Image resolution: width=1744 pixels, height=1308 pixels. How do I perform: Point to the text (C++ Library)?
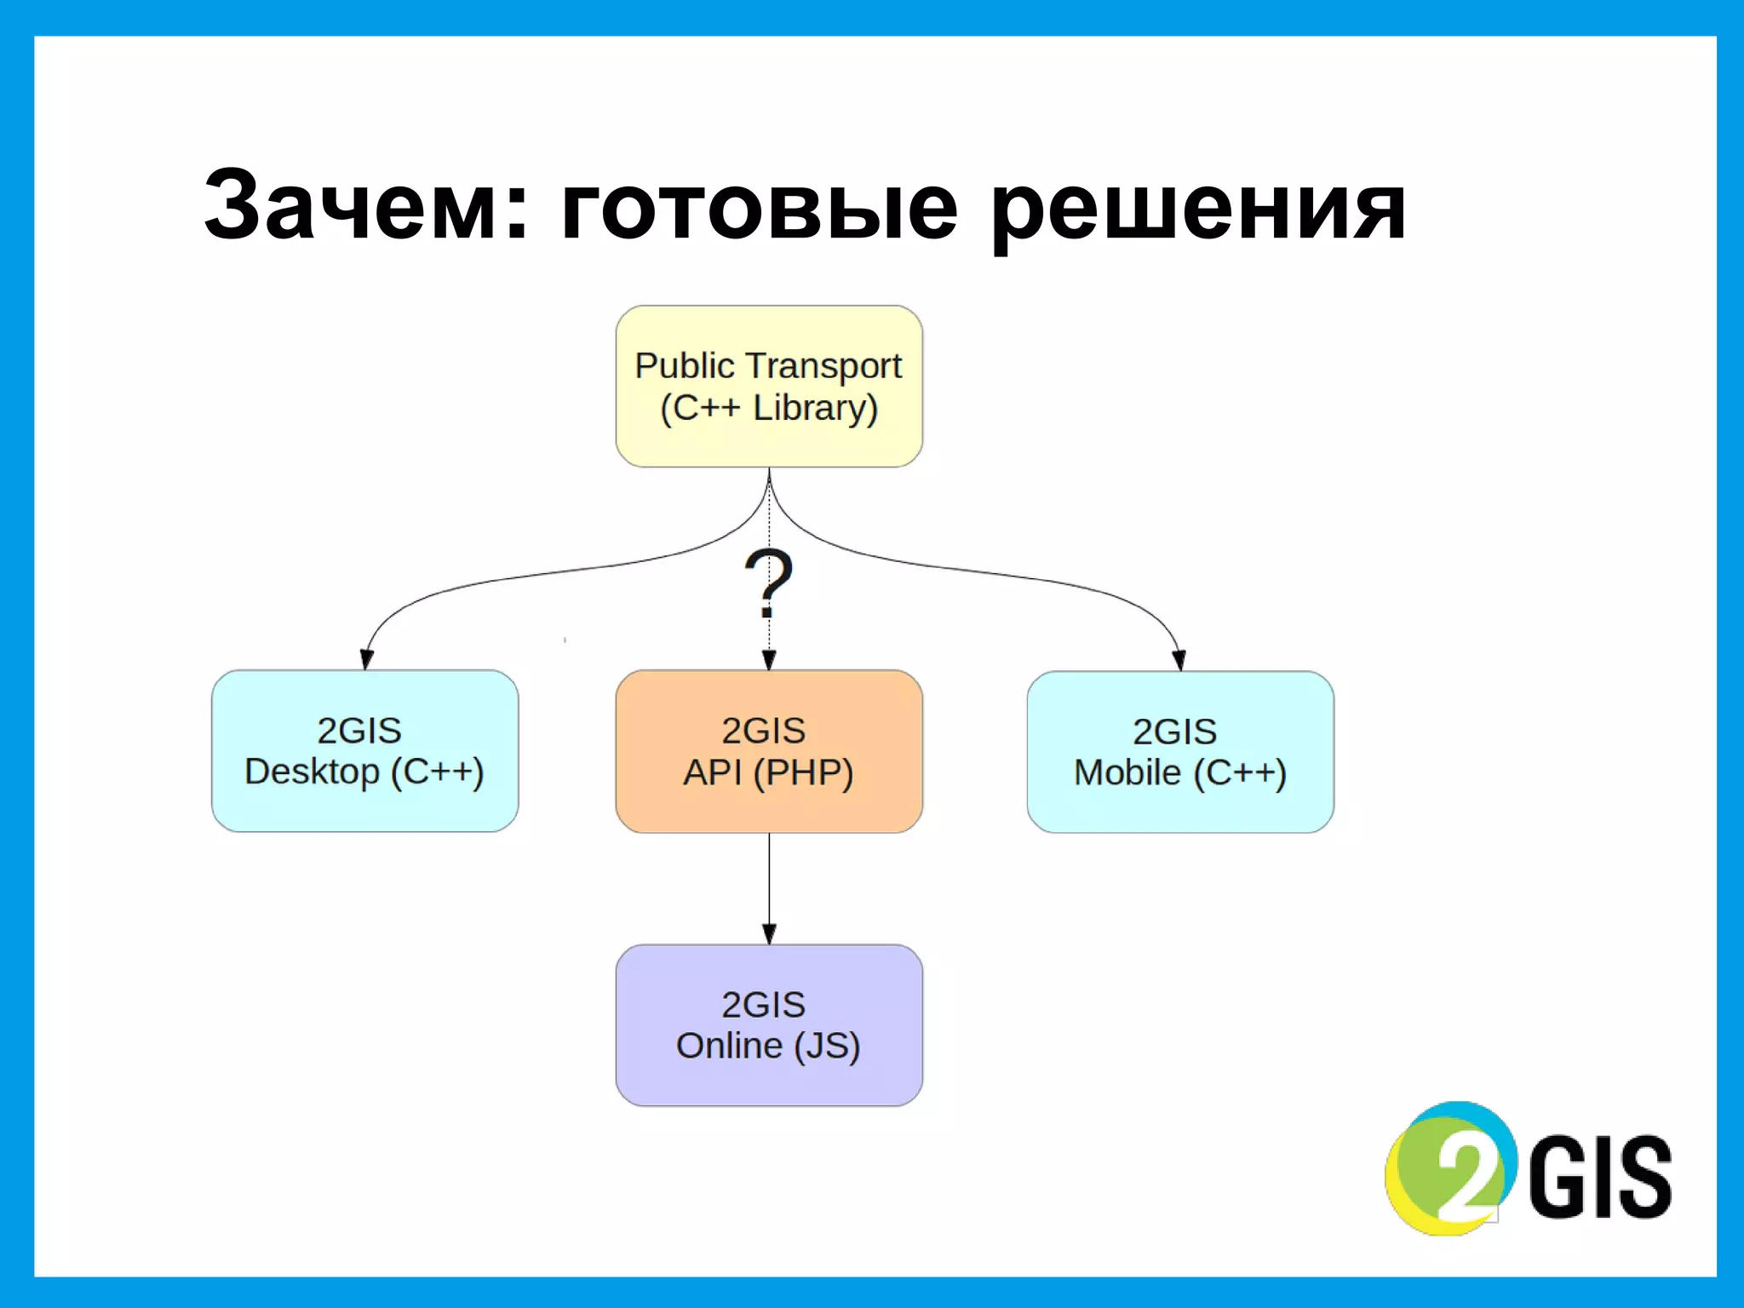tap(769, 408)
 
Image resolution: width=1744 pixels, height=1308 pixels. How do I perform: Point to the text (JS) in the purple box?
tap(827, 1046)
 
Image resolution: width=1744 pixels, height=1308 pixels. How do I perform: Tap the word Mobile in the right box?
tap(1127, 773)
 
